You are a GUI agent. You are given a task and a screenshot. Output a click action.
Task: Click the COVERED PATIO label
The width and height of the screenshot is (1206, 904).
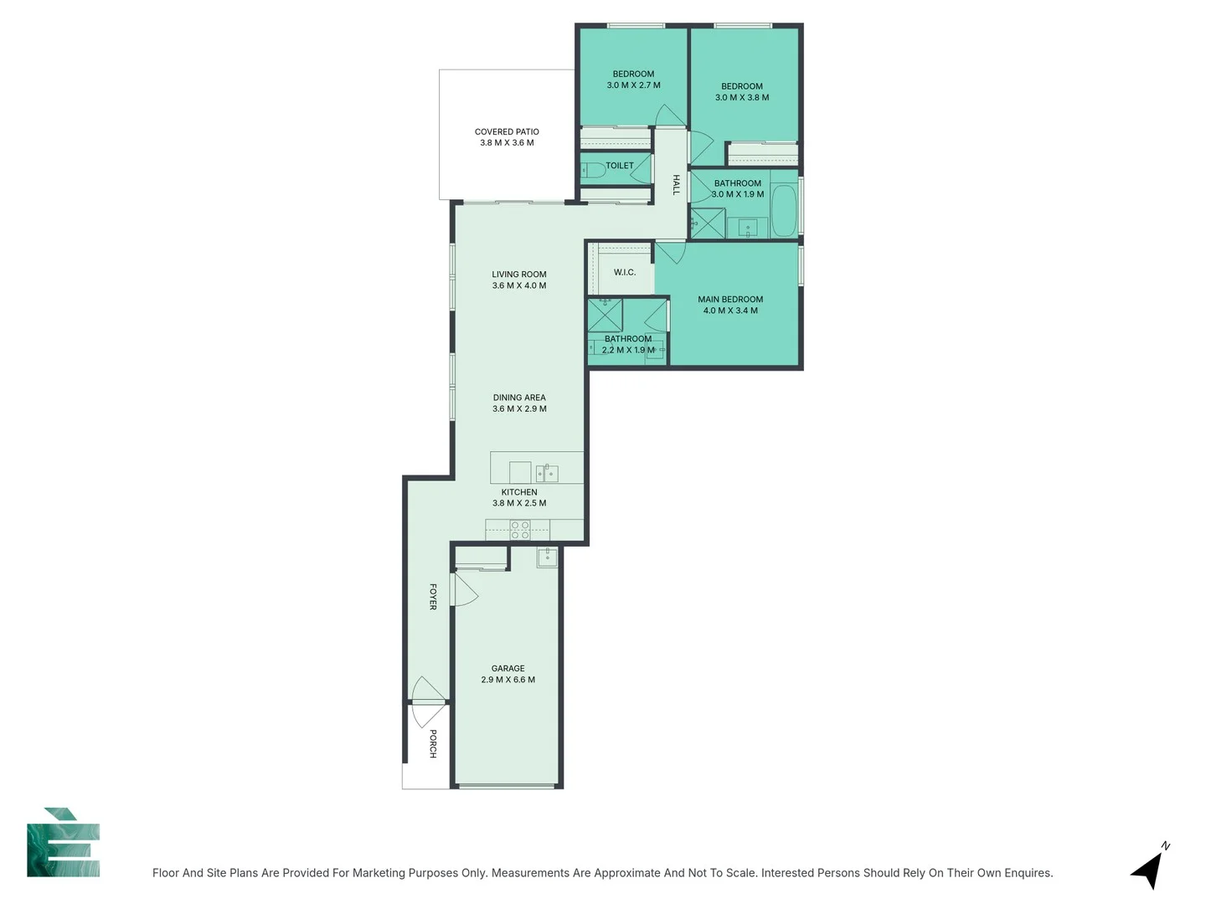(x=507, y=131)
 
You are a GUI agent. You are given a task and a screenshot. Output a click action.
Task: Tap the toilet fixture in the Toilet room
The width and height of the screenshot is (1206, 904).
(x=595, y=170)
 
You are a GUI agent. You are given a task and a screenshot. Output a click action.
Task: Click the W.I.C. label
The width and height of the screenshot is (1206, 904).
(x=625, y=272)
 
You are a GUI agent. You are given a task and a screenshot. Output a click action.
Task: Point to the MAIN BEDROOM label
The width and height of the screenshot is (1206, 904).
(x=730, y=299)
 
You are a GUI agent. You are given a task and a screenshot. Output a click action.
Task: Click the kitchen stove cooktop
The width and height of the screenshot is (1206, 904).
(x=520, y=529)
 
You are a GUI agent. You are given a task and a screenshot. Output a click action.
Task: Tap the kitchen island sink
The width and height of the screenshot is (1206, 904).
(x=547, y=473)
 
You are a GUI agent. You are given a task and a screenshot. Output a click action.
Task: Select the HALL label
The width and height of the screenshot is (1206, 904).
(x=676, y=185)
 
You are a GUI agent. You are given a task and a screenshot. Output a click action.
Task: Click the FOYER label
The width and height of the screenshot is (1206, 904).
(x=433, y=597)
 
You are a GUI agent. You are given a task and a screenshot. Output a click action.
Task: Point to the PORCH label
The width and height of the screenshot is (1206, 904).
(x=433, y=743)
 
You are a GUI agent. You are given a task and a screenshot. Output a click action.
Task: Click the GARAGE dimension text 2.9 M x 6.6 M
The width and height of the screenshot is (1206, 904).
(x=508, y=680)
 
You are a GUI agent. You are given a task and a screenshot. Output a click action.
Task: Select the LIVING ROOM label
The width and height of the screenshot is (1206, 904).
(x=519, y=274)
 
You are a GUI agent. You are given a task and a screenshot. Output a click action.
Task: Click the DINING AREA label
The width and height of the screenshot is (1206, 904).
(x=519, y=398)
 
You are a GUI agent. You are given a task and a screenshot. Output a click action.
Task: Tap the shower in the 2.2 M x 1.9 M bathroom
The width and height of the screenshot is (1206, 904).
(x=605, y=315)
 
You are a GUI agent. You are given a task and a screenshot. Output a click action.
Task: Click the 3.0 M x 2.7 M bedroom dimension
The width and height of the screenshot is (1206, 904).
(x=633, y=85)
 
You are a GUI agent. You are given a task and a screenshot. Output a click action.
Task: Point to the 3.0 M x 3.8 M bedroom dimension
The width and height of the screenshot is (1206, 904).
(x=742, y=97)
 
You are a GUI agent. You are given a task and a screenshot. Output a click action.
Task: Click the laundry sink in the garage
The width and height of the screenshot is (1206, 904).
(x=547, y=557)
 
